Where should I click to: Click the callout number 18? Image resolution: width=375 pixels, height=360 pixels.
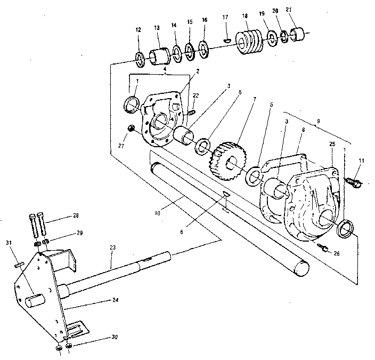[244, 17]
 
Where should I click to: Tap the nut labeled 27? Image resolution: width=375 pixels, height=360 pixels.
[132, 128]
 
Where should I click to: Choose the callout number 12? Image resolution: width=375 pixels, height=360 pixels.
[138, 30]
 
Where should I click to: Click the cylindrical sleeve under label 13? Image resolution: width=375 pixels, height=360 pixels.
[158, 55]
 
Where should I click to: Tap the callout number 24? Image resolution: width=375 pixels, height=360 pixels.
[115, 300]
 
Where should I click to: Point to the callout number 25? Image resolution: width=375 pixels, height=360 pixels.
[332, 145]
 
